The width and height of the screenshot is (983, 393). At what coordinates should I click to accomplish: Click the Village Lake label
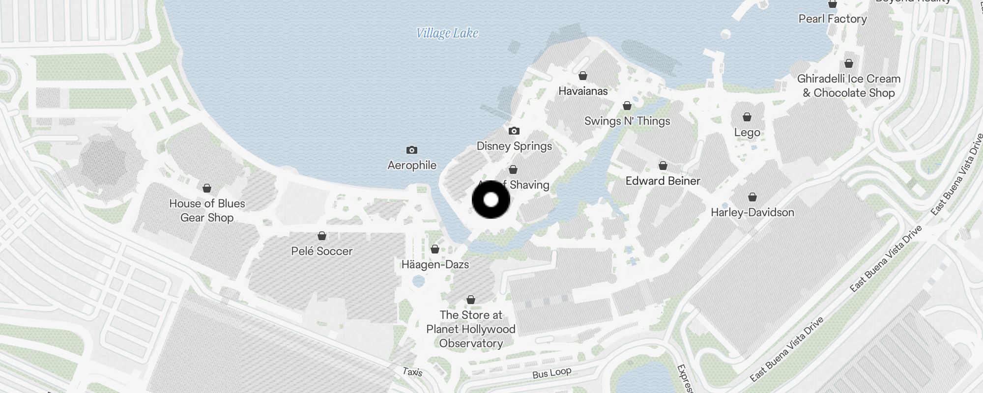(447, 33)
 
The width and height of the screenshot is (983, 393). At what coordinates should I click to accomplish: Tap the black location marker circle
(491, 200)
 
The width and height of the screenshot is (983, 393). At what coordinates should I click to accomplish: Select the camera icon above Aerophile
(412, 150)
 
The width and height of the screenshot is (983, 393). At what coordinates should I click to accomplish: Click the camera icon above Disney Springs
(514, 131)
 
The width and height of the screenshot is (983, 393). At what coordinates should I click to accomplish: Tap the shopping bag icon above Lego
(747, 117)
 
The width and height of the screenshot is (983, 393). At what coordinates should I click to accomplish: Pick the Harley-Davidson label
(752, 213)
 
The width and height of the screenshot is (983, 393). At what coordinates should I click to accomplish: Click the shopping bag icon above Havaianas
(583, 76)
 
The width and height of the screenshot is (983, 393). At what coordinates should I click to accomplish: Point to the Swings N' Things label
(627, 121)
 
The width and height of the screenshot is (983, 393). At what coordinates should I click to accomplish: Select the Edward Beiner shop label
(663, 181)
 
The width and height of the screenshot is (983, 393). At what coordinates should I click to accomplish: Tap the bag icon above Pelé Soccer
(322, 236)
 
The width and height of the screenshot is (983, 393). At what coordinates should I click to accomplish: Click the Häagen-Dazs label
(435, 265)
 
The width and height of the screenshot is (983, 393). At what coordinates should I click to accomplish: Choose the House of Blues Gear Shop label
(207, 211)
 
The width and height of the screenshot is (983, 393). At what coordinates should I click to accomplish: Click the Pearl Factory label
(833, 19)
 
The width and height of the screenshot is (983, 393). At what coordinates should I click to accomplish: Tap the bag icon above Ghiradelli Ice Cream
(849, 63)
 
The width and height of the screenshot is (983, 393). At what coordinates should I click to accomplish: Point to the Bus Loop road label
(551, 373)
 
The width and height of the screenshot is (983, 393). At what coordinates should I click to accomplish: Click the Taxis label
(412, 372)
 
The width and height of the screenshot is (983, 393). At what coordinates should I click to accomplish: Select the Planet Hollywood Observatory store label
(471, 329)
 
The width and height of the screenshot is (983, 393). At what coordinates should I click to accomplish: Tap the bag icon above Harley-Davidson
(752, 197)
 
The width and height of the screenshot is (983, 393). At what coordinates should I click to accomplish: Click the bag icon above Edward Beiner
(663, 166)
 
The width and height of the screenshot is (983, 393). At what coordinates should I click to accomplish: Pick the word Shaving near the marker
(529, 185)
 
